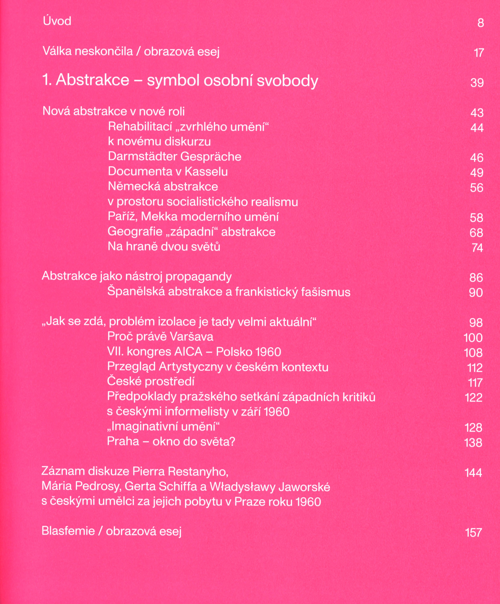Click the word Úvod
[57, 21]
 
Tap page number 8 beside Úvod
[480, 23]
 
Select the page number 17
[479, 53]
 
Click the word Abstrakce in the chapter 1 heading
[92, 80]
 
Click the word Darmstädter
[142, 156]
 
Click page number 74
[477, 248]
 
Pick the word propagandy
[199, 277]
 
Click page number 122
[474, 398]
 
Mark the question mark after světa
[232, 442]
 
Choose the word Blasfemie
[68, 531]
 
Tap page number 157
[473, 533]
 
